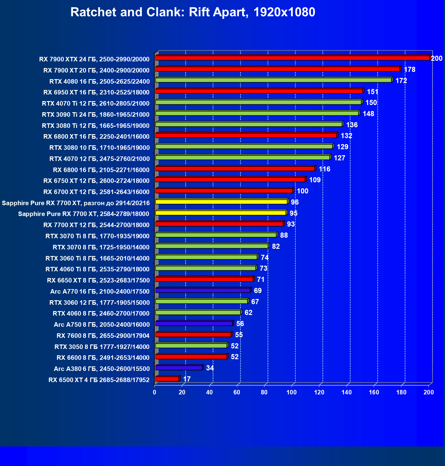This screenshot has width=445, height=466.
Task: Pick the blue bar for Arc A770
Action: tap(203, 290)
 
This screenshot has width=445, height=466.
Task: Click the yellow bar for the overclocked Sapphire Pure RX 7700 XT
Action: tap(221, 202)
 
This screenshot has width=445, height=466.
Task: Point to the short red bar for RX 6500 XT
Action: tap(167, 379)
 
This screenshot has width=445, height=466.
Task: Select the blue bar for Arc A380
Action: tap(179, 368)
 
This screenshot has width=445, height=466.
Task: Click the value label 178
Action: tap(409, 69)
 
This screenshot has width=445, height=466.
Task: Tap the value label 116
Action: tap(325, 169)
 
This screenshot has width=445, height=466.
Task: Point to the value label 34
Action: tap(210, 368)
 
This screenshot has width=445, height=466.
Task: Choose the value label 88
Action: tap(284, 235)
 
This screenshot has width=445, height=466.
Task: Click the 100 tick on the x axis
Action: tap(291, 392)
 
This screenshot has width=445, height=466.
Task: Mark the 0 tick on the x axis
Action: tap(155, 392)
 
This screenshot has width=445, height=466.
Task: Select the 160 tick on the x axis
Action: tap(374, 392)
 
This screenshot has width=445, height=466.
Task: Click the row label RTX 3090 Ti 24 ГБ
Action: tap(96, 115)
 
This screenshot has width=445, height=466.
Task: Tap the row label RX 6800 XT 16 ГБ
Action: tap(96, 137)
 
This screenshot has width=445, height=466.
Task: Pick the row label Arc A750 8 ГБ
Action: tap(102, 324)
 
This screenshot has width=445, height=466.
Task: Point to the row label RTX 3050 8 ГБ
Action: tap(102, 347)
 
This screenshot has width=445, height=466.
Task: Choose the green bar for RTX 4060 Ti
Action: tap(206, 268)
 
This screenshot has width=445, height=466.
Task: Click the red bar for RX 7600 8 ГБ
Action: tap(193, 335)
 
